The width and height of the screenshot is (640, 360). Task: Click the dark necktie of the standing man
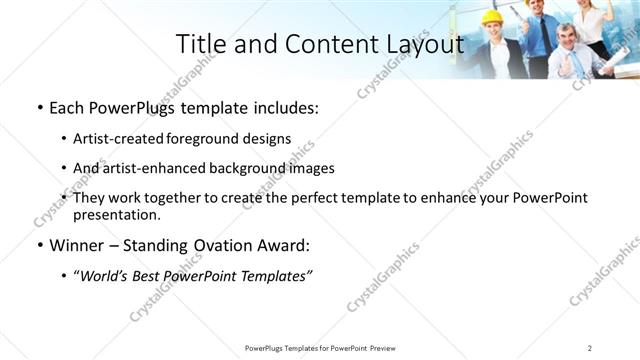tap(545, 35)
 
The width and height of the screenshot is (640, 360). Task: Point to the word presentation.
tap(116, 214)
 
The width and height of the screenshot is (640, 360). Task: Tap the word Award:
tap(287, 245)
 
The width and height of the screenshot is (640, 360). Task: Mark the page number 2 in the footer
tap(590, 348)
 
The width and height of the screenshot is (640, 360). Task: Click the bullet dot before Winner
tap(39, 245)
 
